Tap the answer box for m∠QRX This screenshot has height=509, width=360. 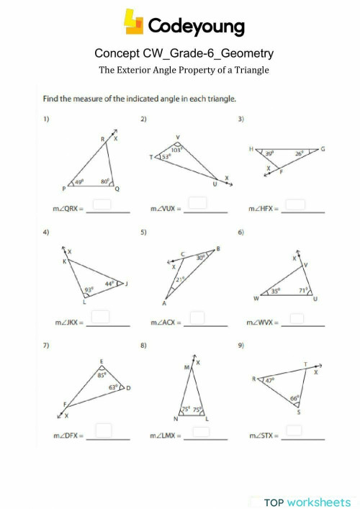point(103,205)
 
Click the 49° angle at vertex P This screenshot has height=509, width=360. point(81,182)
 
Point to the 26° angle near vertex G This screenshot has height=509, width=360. point(298,153)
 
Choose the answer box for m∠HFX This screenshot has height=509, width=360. point(296,205)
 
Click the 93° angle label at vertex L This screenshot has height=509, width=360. point(89,290)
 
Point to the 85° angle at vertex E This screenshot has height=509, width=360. point(102,374)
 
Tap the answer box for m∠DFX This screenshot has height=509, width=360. point(104,430)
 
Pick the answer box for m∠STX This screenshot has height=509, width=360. point(293,431)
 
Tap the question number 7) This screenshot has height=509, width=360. point(46,346)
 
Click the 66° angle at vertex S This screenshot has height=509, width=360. point(294,397)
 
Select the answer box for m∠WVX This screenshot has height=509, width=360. point(296,317)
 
